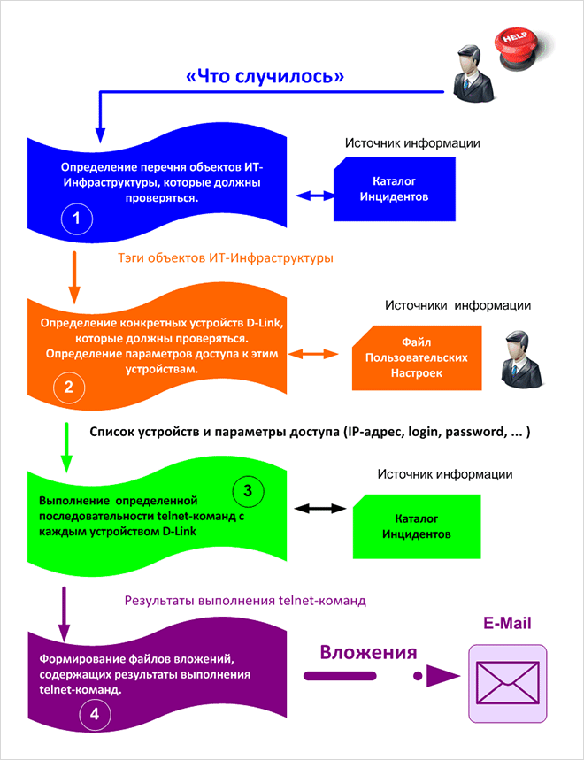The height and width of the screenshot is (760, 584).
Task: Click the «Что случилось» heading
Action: pyautogui.click(x=265, y=77)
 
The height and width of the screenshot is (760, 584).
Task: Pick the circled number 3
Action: pyautogui.click(x=248, y=490)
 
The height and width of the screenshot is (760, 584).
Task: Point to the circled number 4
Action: pyautogui.click(x=93, y=714)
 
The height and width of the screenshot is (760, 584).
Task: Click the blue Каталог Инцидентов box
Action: pyautogui.click(x=395, y=189)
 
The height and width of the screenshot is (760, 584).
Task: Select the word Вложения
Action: pyautogui.click(x=368, y=654)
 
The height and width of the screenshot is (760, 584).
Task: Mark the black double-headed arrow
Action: pyautogui.click(x=318, y=509)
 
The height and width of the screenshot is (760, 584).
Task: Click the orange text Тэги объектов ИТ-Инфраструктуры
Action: pyautogui.click(x=225, y=259)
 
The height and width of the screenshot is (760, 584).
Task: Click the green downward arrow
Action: pyautogui.click(x=65, y=448)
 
